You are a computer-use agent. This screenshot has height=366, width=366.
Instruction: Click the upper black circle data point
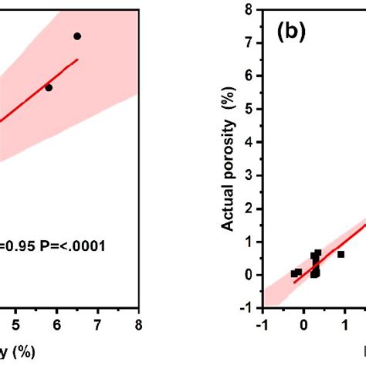(77, 36)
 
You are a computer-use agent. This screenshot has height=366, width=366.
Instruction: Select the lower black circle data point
(49, 87)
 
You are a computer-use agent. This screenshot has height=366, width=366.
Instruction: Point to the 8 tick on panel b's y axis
(251, 10)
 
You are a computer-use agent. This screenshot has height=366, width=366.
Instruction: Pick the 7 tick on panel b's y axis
(251, 43)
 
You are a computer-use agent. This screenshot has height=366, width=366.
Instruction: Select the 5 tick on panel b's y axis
(251, 109)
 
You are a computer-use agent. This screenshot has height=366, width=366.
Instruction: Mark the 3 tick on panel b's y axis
(251, 175)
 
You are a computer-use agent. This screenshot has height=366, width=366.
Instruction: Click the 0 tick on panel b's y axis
(251, 274)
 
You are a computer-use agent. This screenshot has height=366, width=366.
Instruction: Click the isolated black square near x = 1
(341, 254)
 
